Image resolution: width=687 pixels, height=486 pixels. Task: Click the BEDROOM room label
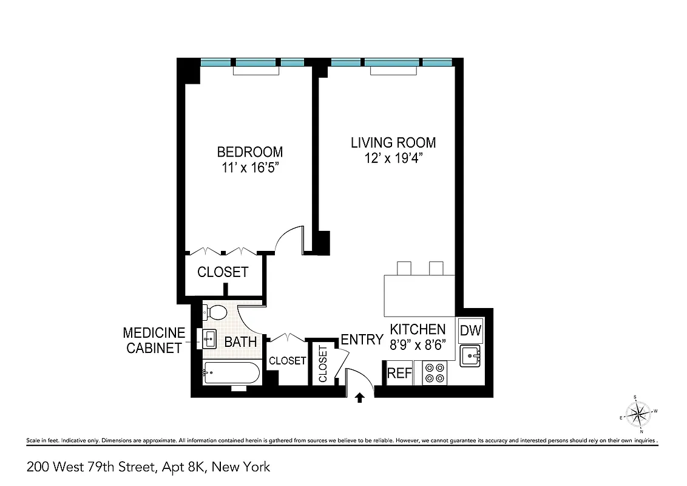pyautogui.click(x=250, y=151)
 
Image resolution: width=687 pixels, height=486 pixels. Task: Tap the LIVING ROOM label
pyautogui.click(x=393, y=143)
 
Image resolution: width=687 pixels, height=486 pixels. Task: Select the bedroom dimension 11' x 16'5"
pyautogui.click(x=250, y=168)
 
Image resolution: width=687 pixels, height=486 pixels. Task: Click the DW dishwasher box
pyautogui.click(x=470, y=331)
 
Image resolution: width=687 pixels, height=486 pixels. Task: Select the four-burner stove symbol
pyautogui.click(x=435, y=372)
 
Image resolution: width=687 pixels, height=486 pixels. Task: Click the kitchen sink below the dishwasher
pyautogui.click(x=470, y=356)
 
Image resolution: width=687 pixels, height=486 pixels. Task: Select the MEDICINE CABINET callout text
pyautogui.click(x=154, y=340)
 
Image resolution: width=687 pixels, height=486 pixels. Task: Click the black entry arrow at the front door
pyautogui.click(x=359, y=398)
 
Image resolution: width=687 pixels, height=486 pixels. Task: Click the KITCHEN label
pyautogui.click(x=418, y=329)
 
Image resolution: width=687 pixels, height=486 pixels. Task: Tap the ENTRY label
pyautogui.click(x=362, y=340)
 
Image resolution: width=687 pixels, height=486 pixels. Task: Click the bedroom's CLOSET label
pyautogui.click(x=223, y=272)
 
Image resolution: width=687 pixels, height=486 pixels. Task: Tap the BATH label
pyautogui.click(x=240, y=342)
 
